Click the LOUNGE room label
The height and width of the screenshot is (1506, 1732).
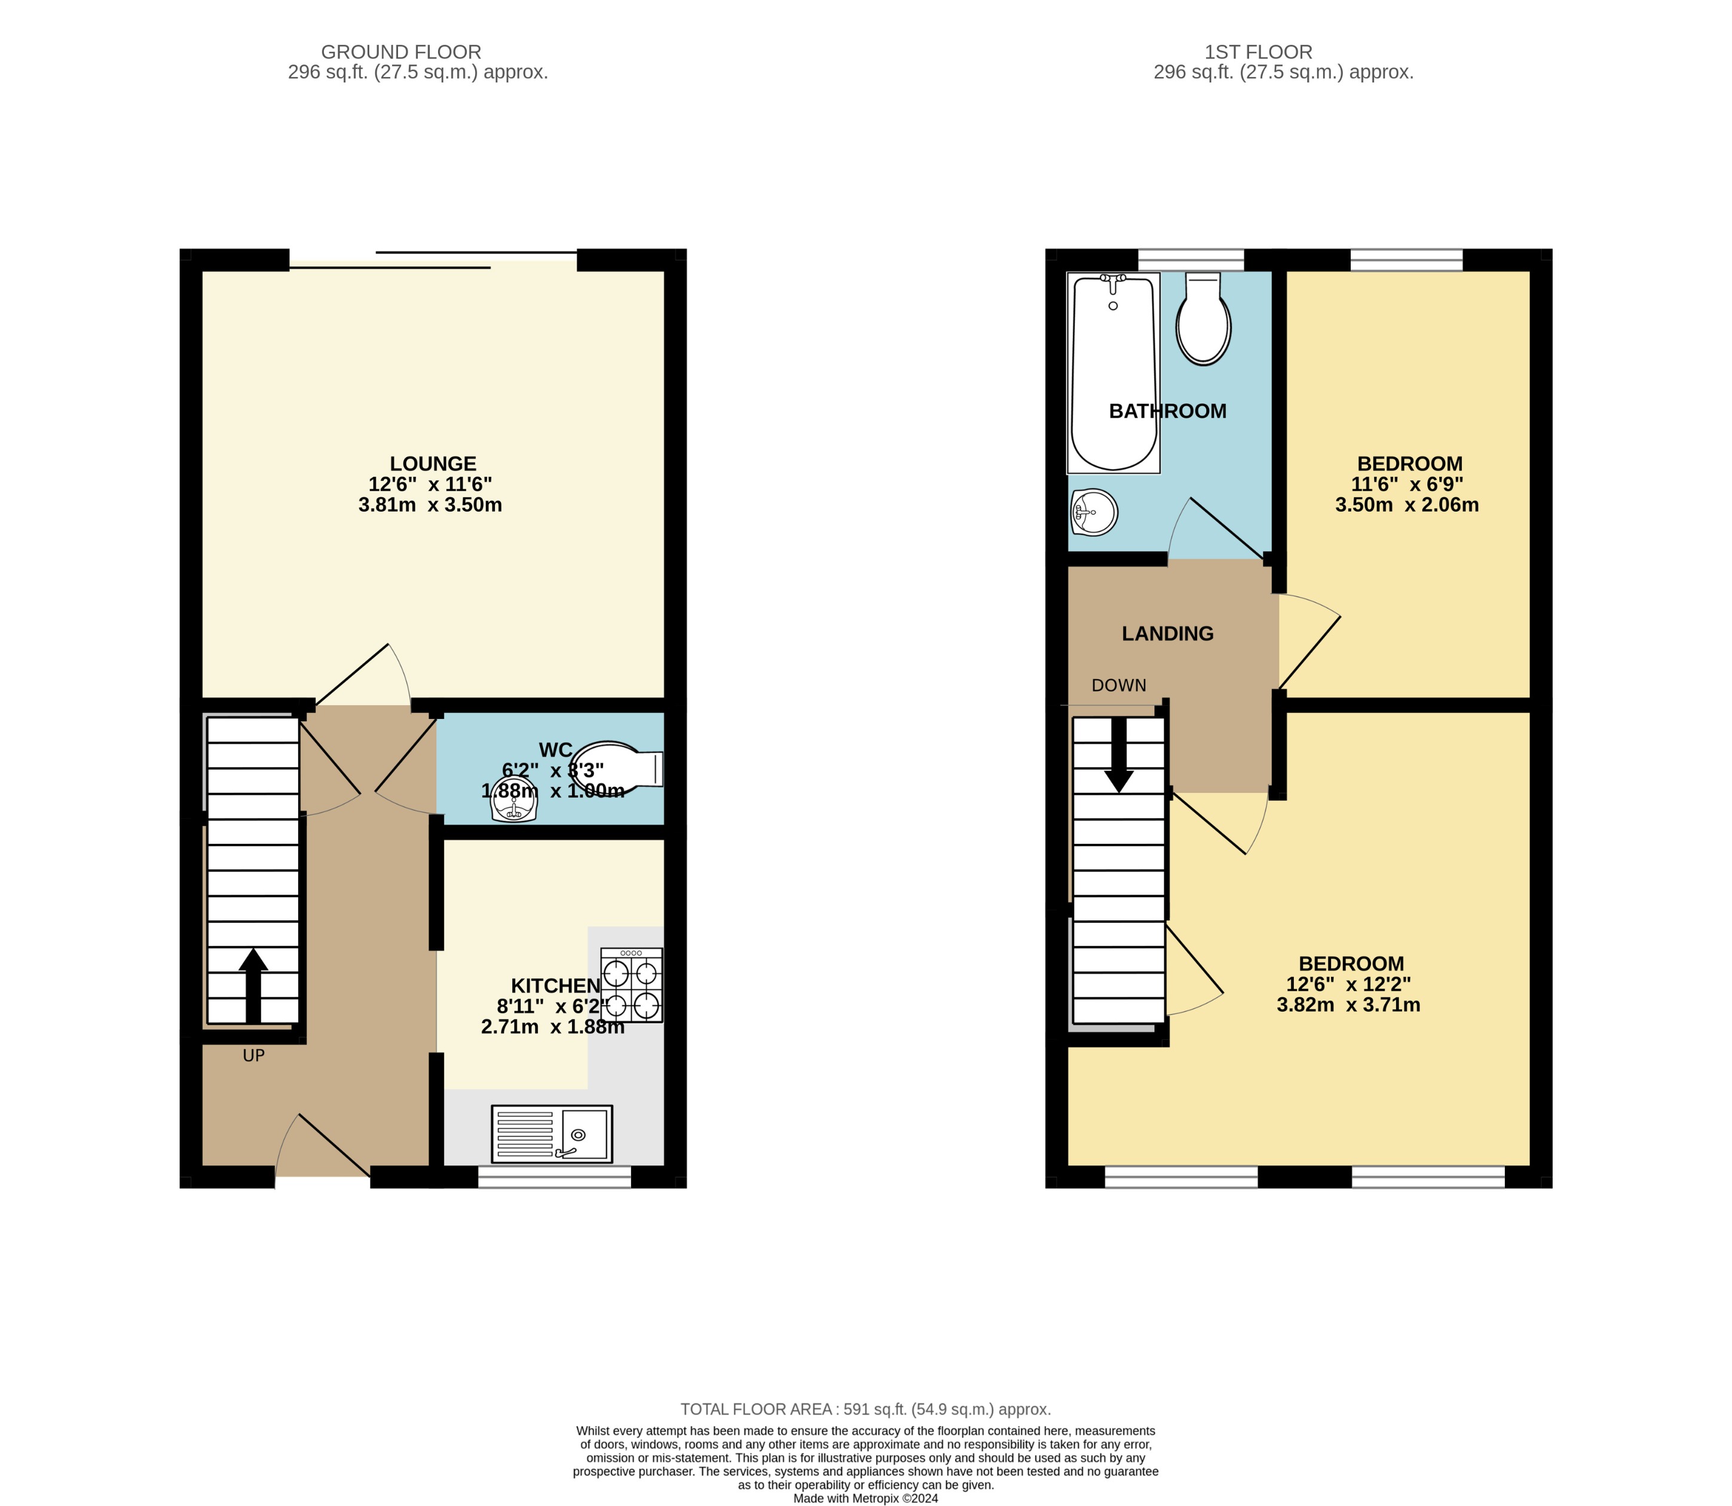(x=433, y=464)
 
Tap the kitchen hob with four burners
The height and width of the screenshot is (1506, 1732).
(x=631, y=985)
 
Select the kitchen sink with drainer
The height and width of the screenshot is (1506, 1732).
(x=551, y=1134)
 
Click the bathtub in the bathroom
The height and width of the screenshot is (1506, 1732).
(x=1113, y=372)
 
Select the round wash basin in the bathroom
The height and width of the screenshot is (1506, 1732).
(x=1094, y=512)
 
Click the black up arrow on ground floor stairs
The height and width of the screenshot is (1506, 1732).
(x=253, y=984)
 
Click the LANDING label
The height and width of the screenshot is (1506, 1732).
(x=1167, y=633)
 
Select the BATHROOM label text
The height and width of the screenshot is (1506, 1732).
(x=1167, y=411)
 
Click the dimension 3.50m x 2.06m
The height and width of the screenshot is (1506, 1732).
(x=1407, y=505)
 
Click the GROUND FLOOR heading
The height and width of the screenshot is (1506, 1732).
(x=401, y=52)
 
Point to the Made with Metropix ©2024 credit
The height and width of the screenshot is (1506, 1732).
(x=865, y=1498)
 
